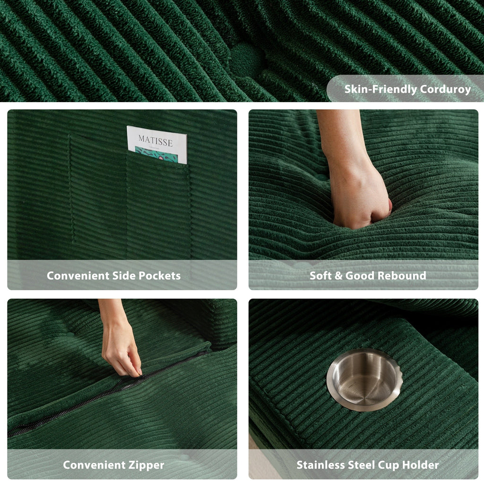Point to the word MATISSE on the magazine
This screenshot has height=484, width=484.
coord(156,140)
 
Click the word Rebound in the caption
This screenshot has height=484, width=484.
coord(405,276)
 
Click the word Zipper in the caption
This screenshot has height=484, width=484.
coord(146,465)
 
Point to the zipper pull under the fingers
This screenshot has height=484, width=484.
coord(136,374)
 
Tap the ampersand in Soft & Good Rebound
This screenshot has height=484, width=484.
coord(338,276)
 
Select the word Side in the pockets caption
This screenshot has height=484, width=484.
coord(124,276)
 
